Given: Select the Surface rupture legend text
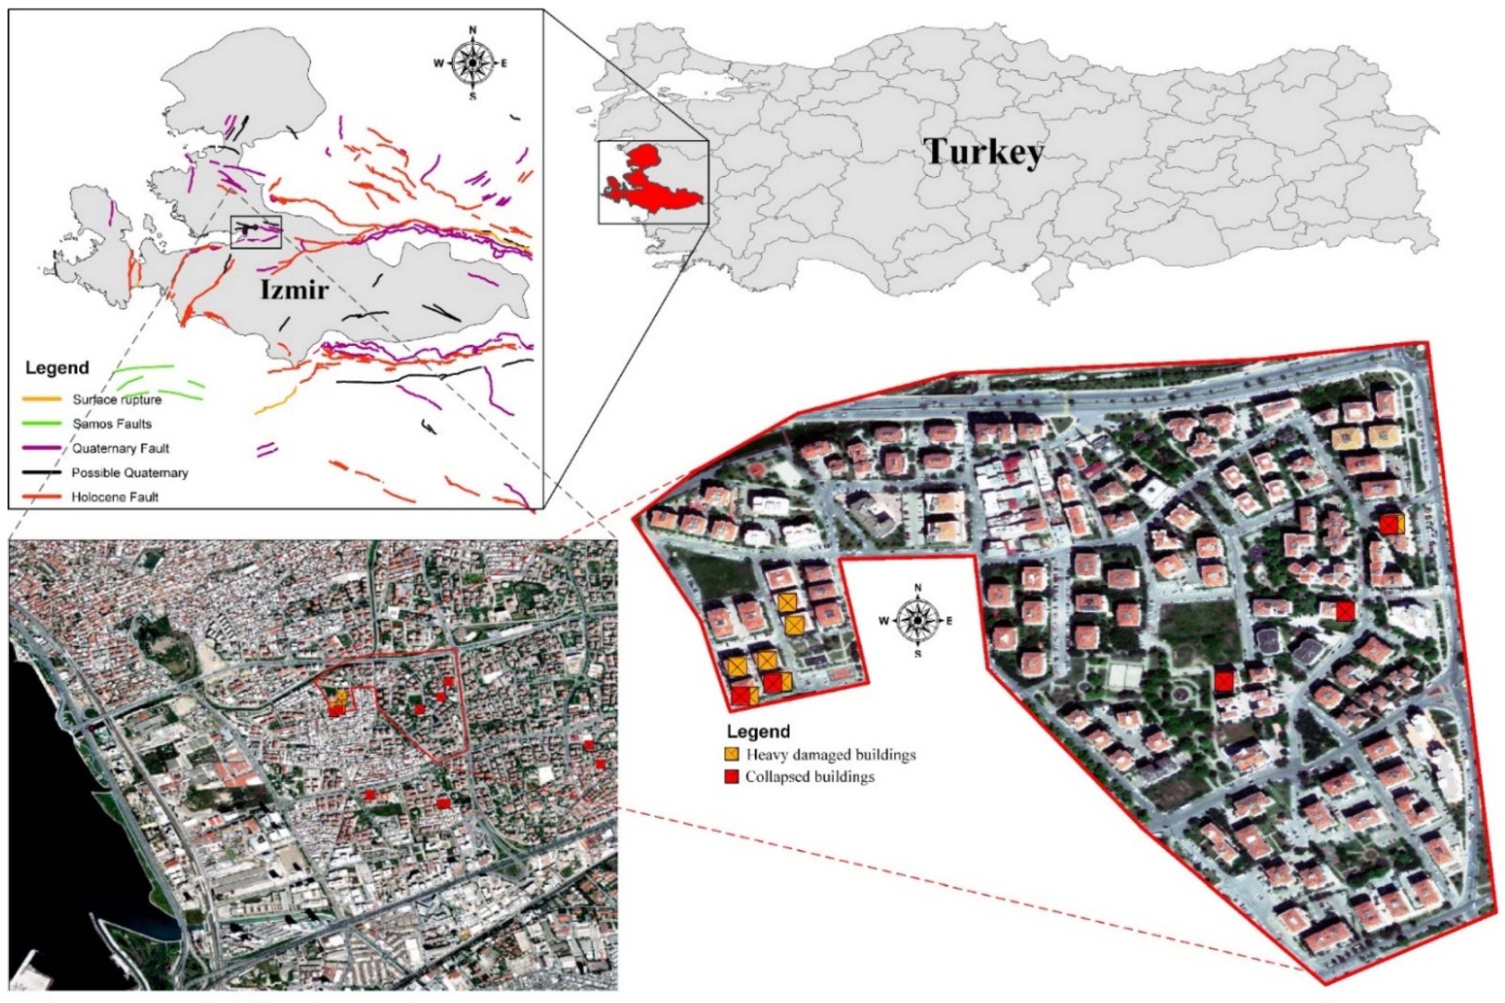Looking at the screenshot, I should point(116,400).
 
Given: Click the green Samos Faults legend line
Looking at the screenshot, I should point(42,423).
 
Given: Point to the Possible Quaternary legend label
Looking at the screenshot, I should point(129,472).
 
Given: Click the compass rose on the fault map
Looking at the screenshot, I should point(472,63).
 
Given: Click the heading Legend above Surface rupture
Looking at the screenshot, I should point(57,368).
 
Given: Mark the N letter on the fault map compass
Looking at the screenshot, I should point(473,29).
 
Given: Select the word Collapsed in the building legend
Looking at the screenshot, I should point(775,777).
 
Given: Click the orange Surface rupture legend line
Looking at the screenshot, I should point(42,399).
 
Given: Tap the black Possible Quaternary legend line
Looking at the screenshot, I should point(42,472).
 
